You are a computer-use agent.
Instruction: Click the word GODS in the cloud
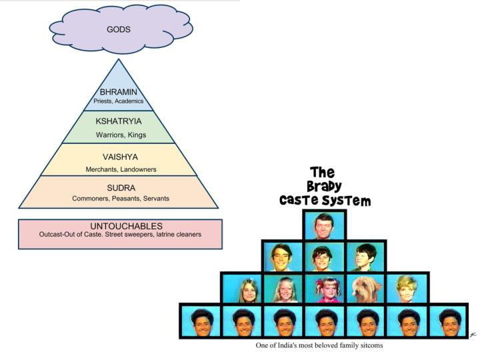(119, 30)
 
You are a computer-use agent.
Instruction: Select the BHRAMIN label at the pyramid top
(118, 92)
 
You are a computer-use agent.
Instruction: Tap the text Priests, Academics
(118, 101)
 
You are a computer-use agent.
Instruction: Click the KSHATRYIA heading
(118, 121)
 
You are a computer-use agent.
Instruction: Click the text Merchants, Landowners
(121, 169)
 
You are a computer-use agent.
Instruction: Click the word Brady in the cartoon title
(324, 187)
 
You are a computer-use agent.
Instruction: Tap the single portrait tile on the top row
(324, 227)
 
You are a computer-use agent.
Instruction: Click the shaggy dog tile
(365, 289)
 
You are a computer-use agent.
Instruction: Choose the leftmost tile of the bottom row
(200, 321)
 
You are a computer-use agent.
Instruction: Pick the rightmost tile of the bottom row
(450, 321)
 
